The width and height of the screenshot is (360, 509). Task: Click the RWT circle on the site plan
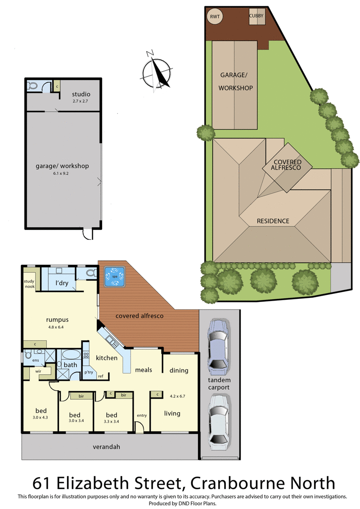pos(215,17)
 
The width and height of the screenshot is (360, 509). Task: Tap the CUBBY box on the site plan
pos(257,16)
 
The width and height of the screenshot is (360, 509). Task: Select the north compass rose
pos(157,72)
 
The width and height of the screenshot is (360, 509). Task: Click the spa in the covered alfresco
pos(115,277)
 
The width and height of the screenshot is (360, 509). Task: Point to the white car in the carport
pos(219,422)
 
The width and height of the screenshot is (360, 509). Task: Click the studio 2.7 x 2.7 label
pos(81,97)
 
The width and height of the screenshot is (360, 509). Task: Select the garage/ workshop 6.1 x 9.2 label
pos(62,168)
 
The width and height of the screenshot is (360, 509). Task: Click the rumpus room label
pos(57,323)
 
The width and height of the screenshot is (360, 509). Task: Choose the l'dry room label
pos(62,283)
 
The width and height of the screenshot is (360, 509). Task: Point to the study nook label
pos(29,284)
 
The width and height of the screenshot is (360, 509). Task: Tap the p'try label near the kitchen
pos(89,372)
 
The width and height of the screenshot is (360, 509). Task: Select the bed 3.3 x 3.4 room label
pos(111,418)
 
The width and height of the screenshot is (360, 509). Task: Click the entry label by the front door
pos(142,415)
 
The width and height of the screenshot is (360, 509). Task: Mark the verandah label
pos(107,447)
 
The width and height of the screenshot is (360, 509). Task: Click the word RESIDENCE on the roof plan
pos(273,221)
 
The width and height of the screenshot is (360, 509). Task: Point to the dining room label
pos(179,370)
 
